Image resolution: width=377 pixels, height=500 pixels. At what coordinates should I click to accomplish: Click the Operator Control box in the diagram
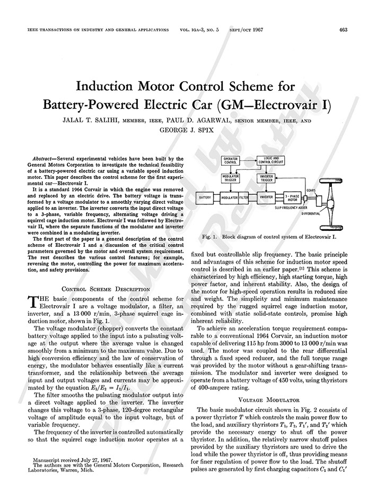point(231,160)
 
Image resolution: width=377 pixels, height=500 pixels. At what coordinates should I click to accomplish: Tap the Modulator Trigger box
point(231,178)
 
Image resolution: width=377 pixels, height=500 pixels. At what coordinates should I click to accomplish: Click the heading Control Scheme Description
point(106,289)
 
